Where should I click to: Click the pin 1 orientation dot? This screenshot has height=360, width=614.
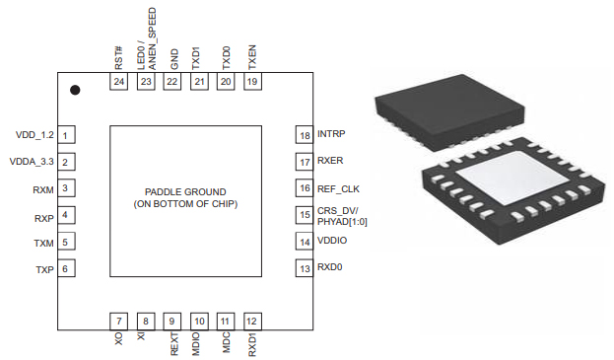[75, 90]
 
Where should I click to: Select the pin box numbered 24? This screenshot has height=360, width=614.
[118, 82]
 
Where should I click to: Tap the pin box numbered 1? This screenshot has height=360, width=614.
[66, 135]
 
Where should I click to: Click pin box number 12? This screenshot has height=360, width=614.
[252, 322]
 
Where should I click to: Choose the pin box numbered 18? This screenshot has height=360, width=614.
[305, 135]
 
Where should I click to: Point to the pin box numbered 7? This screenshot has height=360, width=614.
[118, 322]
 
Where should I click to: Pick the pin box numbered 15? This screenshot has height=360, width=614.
[305, 215]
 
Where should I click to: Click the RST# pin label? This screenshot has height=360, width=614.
[118, 58]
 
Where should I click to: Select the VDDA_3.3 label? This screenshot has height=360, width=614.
[32, 162]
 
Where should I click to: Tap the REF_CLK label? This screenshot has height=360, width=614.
[338, 188]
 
